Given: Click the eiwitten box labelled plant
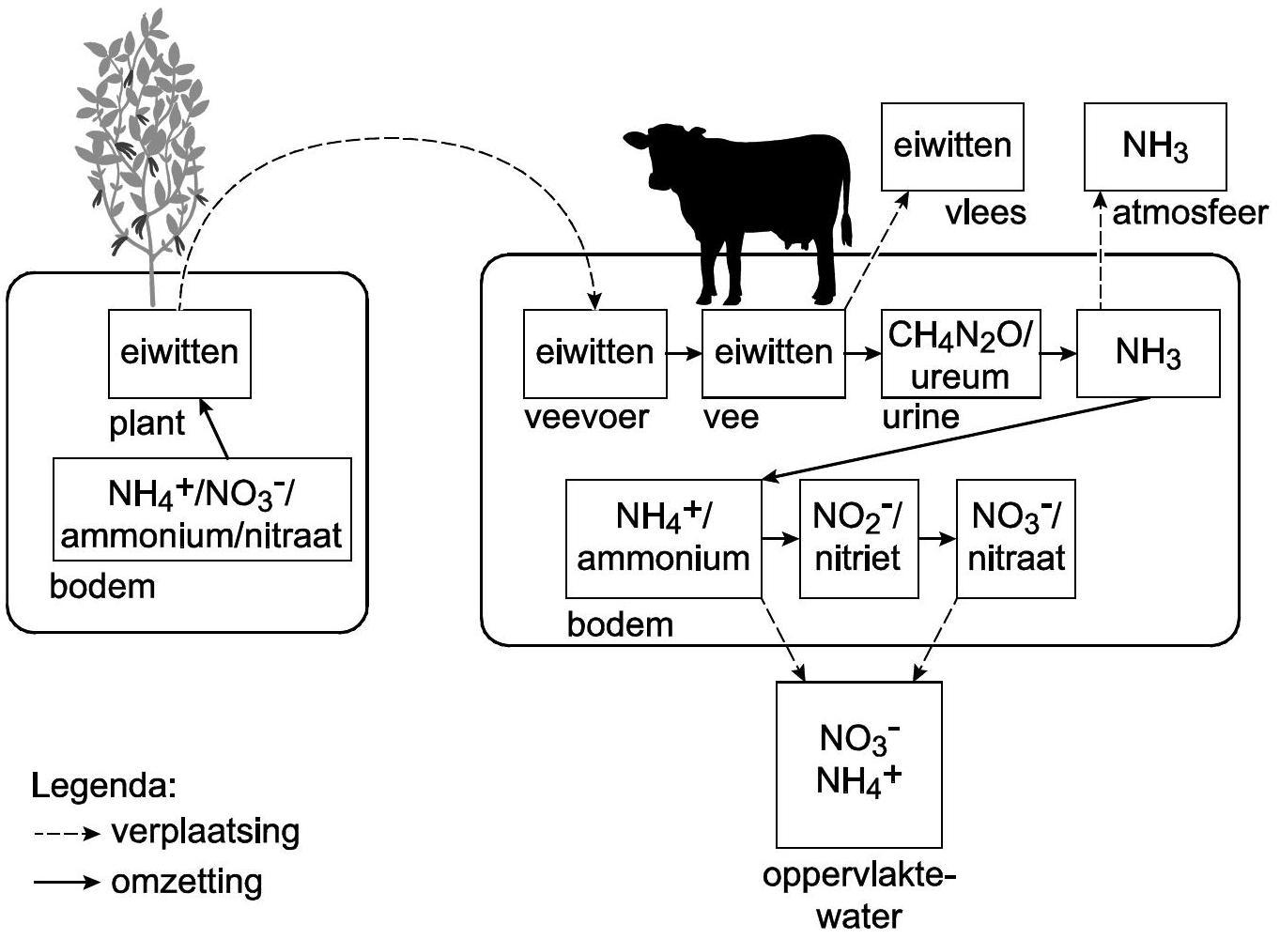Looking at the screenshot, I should (x=179, y=353).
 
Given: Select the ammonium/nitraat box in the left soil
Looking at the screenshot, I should (x=202, y=510).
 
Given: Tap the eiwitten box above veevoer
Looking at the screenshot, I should (x=594, y=353).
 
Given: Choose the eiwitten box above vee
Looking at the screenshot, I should (x=773, y=353).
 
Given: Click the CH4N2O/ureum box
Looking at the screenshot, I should (x=960, y=355).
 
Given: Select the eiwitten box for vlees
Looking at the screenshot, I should (x=951, y=146).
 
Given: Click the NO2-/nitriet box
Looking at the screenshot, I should (x=857, y=539).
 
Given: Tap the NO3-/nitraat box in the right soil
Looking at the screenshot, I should (x=1015, y=539).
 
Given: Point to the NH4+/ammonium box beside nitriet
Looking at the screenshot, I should (x=662, y=539).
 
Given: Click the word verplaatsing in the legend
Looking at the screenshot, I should (x=206, y=832).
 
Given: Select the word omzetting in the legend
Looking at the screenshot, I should (x=187, y=883).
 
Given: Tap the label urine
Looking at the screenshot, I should (x=920, y=418).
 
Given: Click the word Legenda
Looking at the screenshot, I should (x=104, y=785).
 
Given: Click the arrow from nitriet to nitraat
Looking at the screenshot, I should (x=936, y=539).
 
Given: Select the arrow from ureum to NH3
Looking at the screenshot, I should (x=1058, y=354).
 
